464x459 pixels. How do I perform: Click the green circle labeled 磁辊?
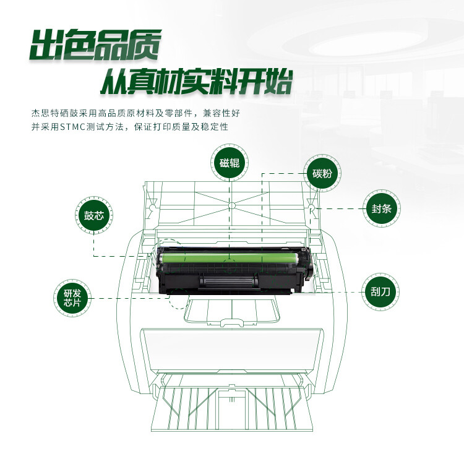click(230, 163)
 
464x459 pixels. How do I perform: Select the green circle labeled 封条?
click(378, 208)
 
